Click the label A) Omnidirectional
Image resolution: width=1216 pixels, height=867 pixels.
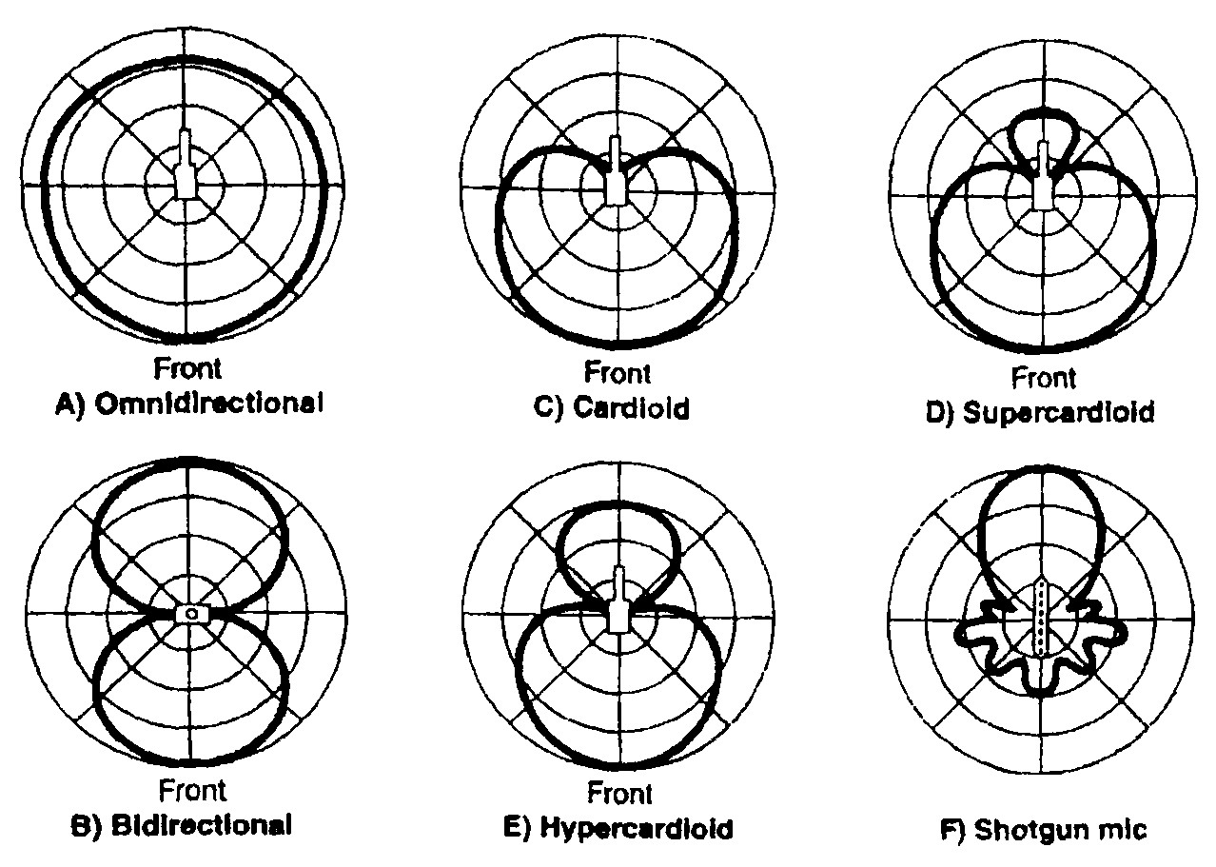186,404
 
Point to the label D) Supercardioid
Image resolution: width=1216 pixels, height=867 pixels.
1043,412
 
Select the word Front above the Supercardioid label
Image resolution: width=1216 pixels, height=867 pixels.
1043,378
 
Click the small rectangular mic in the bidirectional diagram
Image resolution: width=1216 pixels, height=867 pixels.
191,614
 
